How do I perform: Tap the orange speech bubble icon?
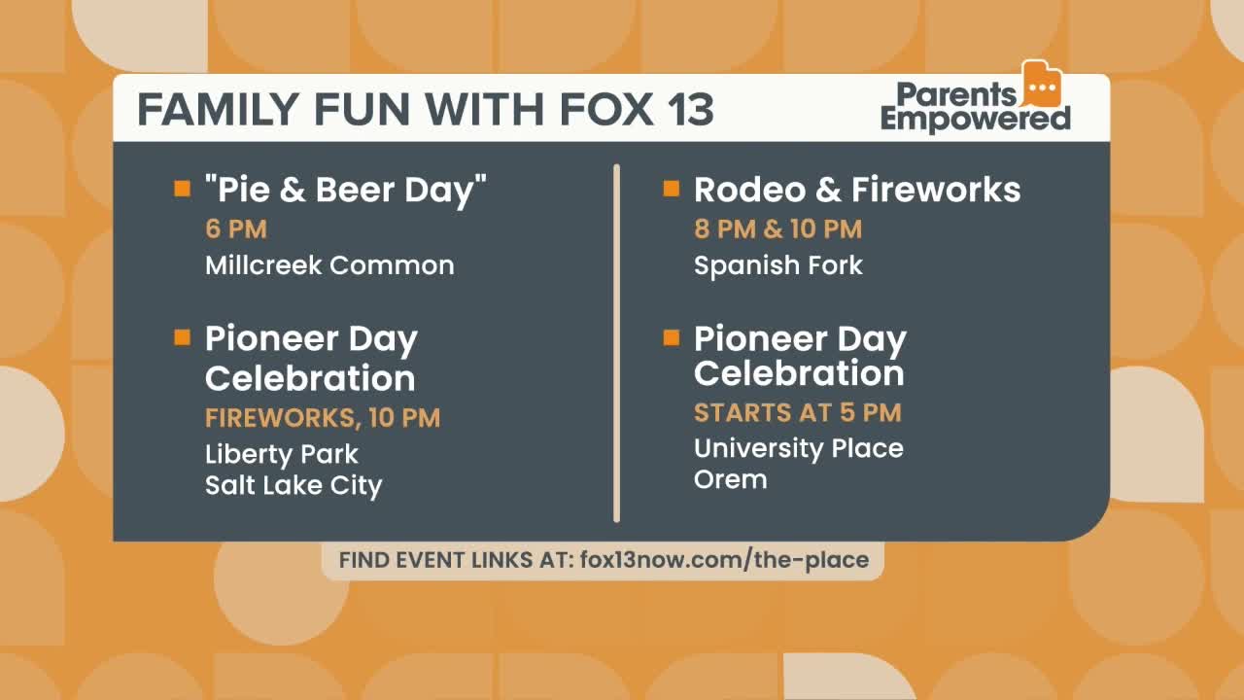1042,84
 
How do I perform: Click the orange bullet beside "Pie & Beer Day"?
182,189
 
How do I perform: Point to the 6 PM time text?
236,228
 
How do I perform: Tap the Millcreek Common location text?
329,265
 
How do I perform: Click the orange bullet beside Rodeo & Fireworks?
672,189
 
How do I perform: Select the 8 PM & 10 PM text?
778,228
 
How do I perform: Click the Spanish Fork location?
778,265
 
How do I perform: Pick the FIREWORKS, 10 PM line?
323,418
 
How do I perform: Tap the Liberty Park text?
282,454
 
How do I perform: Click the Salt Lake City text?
294,485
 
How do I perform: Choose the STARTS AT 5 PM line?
798,413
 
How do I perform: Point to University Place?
799,449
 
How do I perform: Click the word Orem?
730,479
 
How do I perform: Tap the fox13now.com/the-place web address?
724,560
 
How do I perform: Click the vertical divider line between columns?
616,343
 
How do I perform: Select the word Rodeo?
749,190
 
